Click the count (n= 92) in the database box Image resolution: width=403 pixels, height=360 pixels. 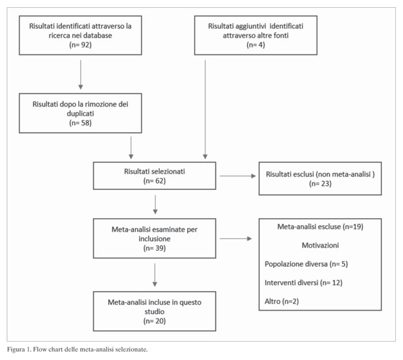81,45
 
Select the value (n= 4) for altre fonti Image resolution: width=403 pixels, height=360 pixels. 256,45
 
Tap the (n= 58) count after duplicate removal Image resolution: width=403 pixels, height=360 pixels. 81,123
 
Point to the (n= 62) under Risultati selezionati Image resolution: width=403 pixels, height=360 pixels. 154,181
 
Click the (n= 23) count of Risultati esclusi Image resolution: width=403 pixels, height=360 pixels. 320,184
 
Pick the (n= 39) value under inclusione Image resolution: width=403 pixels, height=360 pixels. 154,248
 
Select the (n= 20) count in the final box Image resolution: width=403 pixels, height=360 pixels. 154,321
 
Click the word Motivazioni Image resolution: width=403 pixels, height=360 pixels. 320,245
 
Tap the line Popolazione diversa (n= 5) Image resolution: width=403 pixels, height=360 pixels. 306,264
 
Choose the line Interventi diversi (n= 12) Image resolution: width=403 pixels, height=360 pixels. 303,282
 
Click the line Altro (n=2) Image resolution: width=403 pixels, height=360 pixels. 282,302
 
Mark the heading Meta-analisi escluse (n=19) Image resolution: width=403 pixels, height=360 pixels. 320,227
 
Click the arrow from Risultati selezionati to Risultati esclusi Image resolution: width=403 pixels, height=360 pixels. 238,176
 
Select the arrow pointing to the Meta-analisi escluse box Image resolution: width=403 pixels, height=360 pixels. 236,239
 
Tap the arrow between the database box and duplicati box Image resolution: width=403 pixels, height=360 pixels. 81,75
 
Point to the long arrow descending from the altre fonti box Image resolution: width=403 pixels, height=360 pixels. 205,110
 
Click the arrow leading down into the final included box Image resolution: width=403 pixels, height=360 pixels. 155,275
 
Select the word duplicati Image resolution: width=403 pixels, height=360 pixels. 81,114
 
